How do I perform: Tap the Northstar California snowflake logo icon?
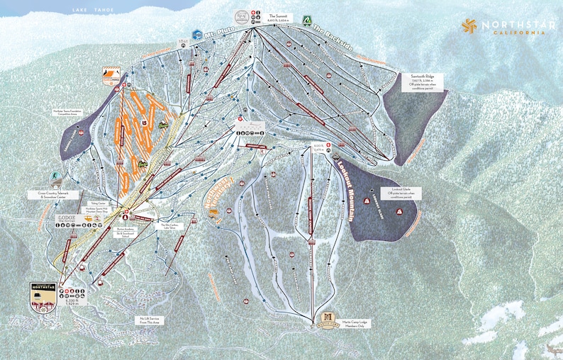(468, 26)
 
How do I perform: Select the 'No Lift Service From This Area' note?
(149, 320)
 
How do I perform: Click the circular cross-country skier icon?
(55, 176)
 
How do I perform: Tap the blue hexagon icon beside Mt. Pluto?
(196, 33)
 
